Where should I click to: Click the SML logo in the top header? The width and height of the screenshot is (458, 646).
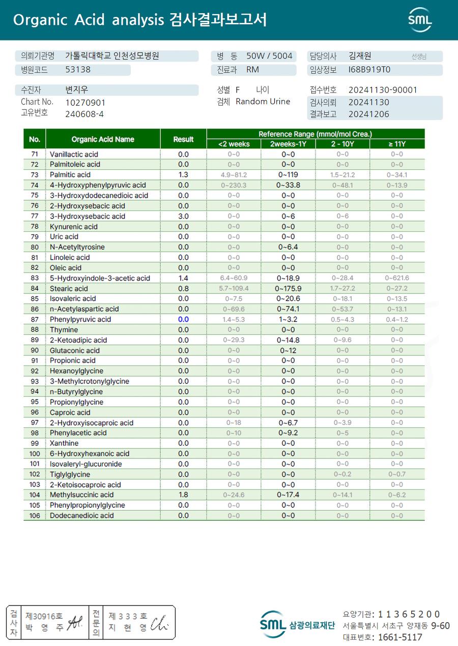point(420,20)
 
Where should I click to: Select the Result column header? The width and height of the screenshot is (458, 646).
point(183,139)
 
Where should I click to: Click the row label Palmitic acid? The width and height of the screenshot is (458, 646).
point(70,175)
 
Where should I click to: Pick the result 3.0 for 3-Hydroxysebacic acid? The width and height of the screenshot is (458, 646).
point(183,216)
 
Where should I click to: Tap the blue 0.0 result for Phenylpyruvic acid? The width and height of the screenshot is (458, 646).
point(183,319)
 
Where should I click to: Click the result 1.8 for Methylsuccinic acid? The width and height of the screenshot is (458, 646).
point(183,495)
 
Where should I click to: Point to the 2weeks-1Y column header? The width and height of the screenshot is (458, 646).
point(288,144)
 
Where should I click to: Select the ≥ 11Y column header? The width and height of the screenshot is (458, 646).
point(397,144)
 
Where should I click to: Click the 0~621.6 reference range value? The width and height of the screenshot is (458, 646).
point(397,278)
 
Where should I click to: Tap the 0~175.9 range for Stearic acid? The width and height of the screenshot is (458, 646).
point(288,288)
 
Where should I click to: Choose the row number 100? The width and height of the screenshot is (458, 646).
point(35,453)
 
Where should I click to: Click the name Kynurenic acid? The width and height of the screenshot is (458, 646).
point(74,227)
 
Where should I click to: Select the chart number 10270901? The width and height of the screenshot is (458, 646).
point(85,102)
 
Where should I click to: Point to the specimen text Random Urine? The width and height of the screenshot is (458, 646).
point(263,101)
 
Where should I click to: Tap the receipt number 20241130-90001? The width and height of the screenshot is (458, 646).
point(383,90)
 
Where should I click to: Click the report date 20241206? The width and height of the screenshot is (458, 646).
point(369,114)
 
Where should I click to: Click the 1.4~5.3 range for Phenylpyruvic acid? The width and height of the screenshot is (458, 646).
point(234,319)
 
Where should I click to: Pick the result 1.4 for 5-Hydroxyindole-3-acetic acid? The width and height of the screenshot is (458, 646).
point(183,278)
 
